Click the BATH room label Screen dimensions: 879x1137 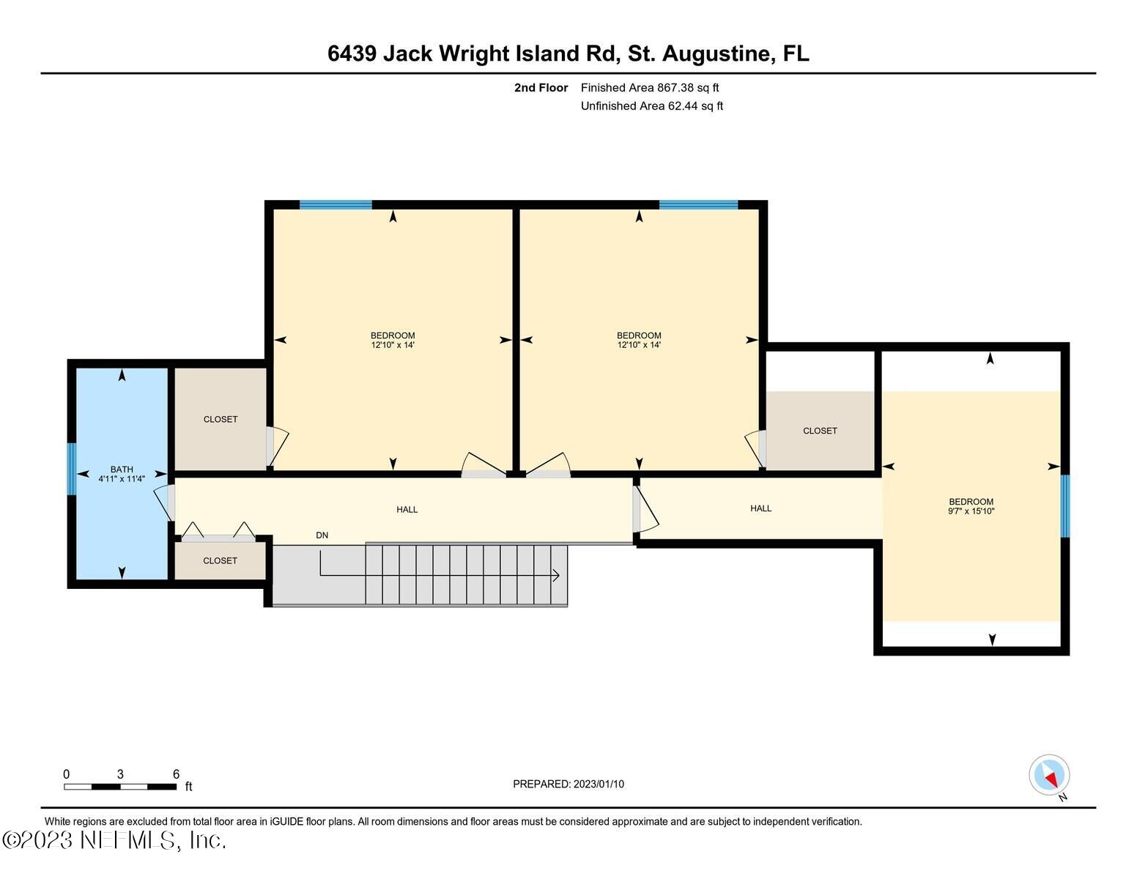[122, 470]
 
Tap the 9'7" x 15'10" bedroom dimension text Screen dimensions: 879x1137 [971, 511]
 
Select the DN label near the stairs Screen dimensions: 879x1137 [322, 535]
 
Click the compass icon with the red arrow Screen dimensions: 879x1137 [1049, 775]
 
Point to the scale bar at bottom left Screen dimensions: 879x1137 [120, 787]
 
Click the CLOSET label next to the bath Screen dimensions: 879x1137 [221, 419]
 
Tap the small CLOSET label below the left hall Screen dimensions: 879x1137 [221, 560]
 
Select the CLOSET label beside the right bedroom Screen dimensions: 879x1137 [820, 431]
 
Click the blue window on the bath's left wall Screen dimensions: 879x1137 [72, 469]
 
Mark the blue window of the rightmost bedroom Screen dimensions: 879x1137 [1064, 505]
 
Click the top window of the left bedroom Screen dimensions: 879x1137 [336, 205]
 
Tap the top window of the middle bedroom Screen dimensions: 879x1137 [698, 205]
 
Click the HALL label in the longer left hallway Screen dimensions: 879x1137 [407, 509]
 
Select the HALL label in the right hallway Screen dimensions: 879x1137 [760, 508]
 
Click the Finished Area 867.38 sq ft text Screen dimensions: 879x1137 [650, 88]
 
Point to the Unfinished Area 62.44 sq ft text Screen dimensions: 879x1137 [652, 106]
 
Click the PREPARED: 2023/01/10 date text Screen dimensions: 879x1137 [568, 784]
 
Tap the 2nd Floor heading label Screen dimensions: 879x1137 [541, 88]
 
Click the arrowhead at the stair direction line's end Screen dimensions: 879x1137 [556, 576]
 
